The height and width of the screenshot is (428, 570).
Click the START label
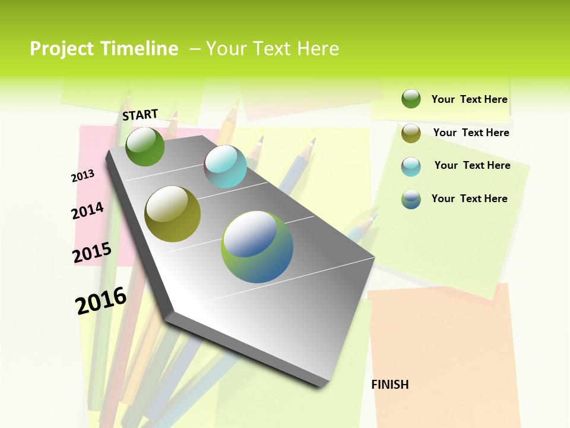(140, 115)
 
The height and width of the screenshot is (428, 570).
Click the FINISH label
(389, 385)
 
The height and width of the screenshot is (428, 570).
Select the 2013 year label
(83, 175)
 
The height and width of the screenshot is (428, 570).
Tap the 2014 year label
(87, 210)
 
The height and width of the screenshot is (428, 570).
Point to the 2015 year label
(92, 252)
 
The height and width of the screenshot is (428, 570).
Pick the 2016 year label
(101, 301)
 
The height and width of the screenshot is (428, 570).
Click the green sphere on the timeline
(145, 147)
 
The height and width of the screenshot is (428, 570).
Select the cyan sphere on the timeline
(225, 166)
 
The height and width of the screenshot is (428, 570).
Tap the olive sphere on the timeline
(173, 214)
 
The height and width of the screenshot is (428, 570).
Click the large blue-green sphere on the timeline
(257, 247)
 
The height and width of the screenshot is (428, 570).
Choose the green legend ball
(411, 99)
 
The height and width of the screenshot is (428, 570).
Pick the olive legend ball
(411, 133)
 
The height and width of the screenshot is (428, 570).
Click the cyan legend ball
(411, 166)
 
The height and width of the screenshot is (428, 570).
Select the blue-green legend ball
(411, 199)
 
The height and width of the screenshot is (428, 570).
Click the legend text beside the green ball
(469, 99)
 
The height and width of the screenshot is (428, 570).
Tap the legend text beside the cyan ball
(472, 165)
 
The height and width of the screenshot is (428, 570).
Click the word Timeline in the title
(140, 49)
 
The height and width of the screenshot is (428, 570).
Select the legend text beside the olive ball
(471, 133)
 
